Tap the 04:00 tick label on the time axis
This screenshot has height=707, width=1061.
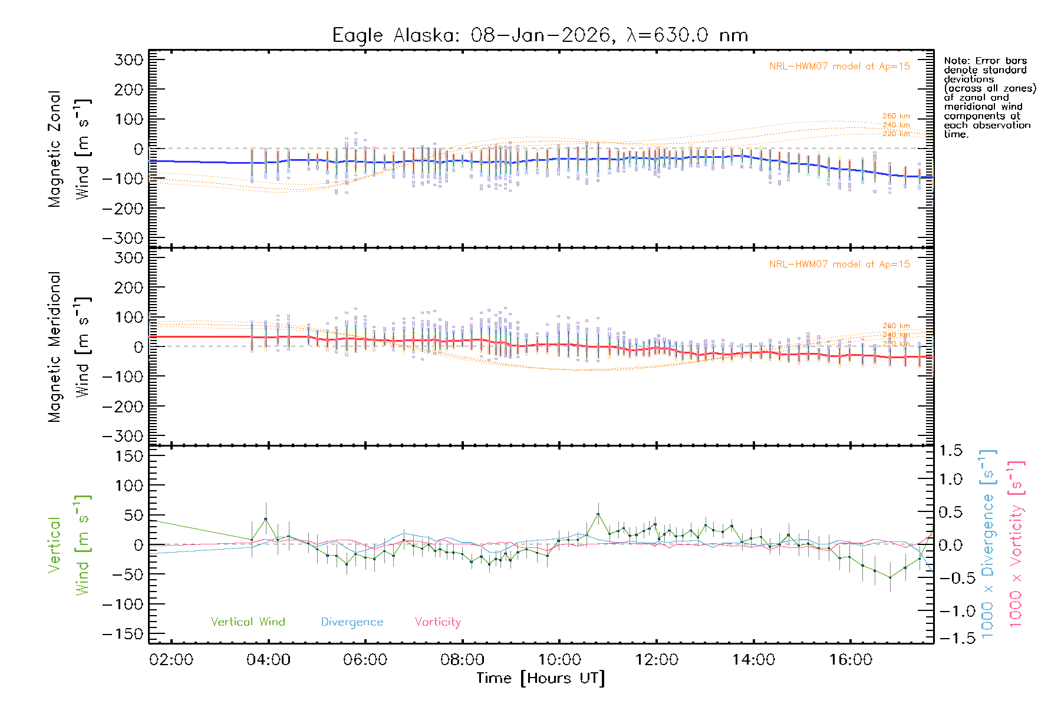[x=268, y=659]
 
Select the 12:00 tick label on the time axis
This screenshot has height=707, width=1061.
[x=657, y=659]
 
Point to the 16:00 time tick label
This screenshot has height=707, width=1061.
[x=851, y=659]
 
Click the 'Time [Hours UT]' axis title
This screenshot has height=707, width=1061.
[x=541, y=678]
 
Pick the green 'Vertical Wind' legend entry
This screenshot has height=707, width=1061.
[x=248, y=622]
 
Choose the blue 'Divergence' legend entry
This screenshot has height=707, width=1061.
[x=352, y=622]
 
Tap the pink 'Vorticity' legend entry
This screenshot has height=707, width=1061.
[x=437, y=622]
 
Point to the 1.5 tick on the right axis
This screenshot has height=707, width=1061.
[x=951, y=451]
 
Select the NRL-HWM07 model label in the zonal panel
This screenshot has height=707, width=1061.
[x=839, y=67]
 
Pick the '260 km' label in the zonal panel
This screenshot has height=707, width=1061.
[x=896, y=116]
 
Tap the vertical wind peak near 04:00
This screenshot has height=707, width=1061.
[x=266, y=519]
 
